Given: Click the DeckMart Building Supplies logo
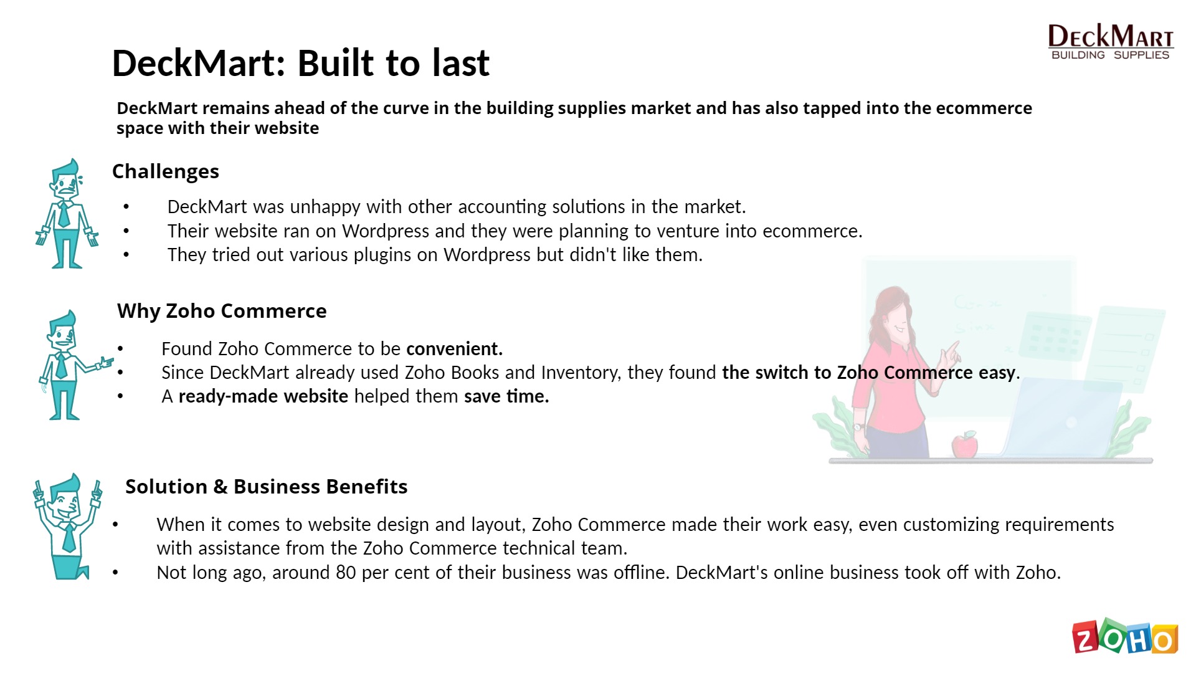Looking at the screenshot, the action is pos(1111,42).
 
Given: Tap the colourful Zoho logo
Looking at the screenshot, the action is pos(1125,636).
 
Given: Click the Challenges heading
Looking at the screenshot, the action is pos(166,171).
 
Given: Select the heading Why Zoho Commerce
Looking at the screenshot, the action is pos(222,311).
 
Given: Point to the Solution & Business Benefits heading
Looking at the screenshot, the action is pos(267,487).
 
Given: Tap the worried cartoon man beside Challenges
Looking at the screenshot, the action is pos(66,214).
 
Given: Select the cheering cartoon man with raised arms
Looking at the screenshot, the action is pos(67,527).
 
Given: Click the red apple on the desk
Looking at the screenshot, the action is pos(964,444).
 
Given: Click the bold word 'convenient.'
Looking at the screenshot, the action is pos(454,348).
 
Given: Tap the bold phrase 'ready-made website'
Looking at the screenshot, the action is pos(263,396).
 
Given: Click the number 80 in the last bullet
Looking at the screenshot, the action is pos(346,573).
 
